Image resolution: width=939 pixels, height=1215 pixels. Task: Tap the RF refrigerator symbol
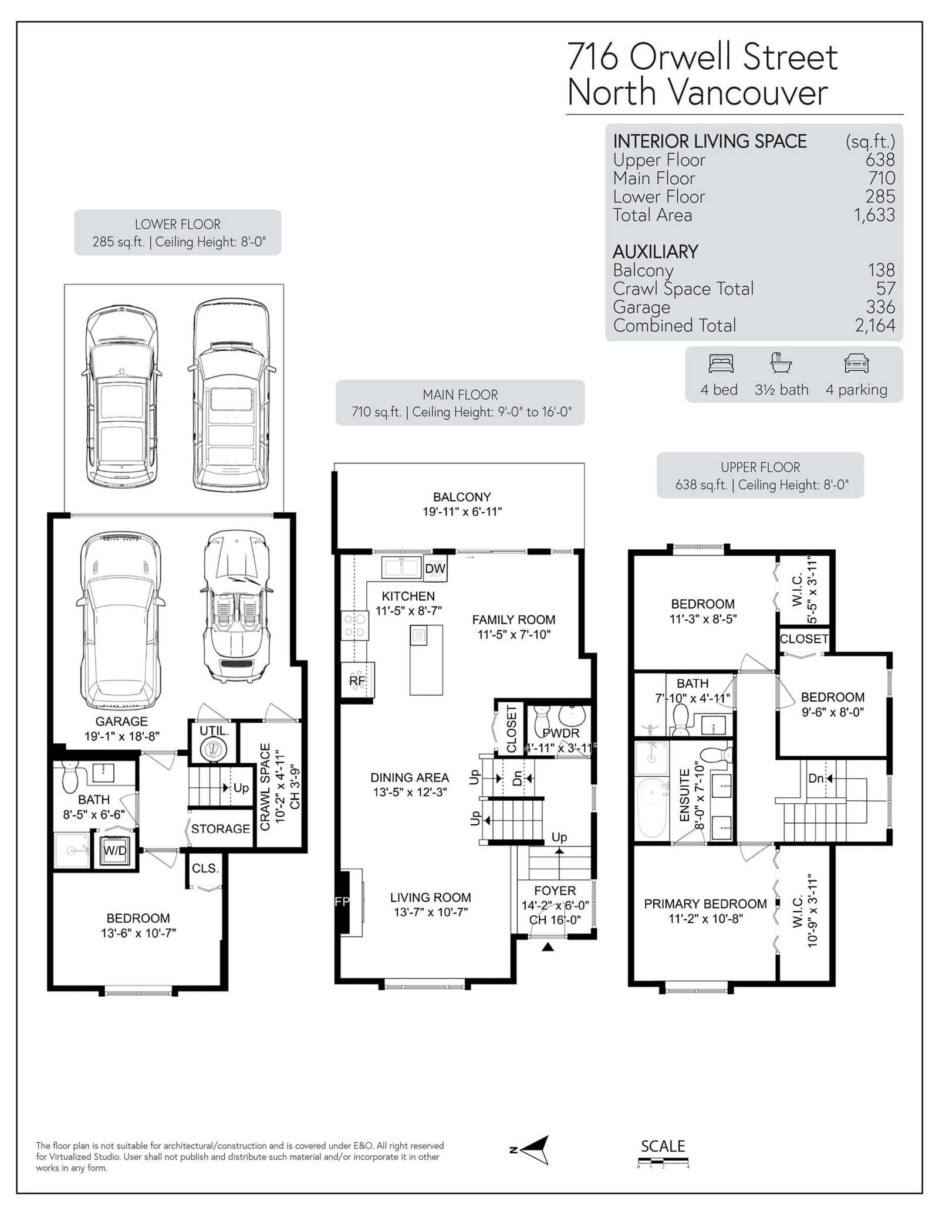pyautogui.click(x=357, y=681)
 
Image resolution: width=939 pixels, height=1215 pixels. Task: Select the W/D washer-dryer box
pyautogui.click(x=114, y=851)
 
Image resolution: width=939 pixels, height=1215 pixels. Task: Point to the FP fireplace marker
pyautogui.click(x=342, y=902)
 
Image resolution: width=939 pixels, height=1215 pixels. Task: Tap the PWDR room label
pyautogui.click(x=560, y=733)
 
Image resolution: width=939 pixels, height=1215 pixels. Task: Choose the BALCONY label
pyautogui.click(x=462, y=497)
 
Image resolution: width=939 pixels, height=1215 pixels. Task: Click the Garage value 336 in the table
pyautogui.click(x=880, y=307)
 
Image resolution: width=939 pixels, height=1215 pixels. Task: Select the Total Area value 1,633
pyautogui.click(x=874, y=215)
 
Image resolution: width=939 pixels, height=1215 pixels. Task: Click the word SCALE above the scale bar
pyautogui.click(x=663, y=1146)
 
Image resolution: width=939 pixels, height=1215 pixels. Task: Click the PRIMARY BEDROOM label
pyautogui.click(x=705, y=904)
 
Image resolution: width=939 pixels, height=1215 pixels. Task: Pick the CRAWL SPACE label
pyautogui.click(x=265, y=787)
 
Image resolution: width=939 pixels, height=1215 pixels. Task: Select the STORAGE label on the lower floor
pyautogui.click(x=221, y=828)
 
